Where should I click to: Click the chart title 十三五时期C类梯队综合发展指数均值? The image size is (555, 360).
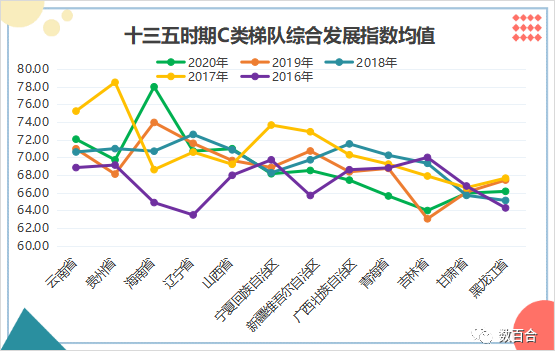(x=279, y=37)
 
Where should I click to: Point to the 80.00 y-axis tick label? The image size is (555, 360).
(x=33, y=68)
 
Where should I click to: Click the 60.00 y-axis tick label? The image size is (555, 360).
(x=33, y=246)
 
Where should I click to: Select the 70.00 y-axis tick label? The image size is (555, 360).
(x=33, y=157)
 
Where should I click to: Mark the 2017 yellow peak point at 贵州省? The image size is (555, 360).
(x=115, y=82)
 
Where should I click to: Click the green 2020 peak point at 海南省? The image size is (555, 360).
(x=154, y=87)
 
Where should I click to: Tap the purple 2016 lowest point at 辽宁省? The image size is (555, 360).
(x=193, y=215)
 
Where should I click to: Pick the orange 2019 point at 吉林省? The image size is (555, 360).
(x=427, y=218)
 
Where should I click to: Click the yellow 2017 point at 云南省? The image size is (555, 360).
(x=76, y=111)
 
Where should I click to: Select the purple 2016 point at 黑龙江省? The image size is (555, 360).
(x=505, y=208)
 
